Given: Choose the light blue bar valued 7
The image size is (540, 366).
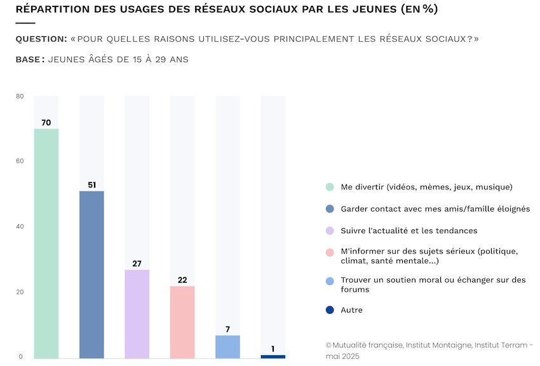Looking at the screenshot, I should tap(227, 346).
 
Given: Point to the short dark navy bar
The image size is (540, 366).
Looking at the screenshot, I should tap(273, 356).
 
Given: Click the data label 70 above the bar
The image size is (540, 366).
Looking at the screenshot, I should tap(46, 123).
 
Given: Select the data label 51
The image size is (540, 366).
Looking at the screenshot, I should tap(91, 185).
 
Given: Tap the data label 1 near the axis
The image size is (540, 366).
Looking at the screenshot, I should tap(273, 349).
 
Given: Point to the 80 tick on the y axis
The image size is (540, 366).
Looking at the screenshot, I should tap(20, 97).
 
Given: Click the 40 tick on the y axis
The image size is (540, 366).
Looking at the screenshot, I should tap(20, 227).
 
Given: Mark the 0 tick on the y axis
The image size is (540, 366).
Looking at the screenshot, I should tap(22, 357).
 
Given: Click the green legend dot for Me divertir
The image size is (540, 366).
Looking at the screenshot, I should tap(330, 187).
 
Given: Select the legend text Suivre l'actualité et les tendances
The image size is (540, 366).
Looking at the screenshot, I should tap(408, 231).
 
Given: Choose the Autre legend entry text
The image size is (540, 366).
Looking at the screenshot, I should tap(351, 310).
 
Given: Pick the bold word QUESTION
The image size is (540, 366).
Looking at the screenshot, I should tap(41, 39).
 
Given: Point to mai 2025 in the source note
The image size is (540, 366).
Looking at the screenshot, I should tap(342, 356).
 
